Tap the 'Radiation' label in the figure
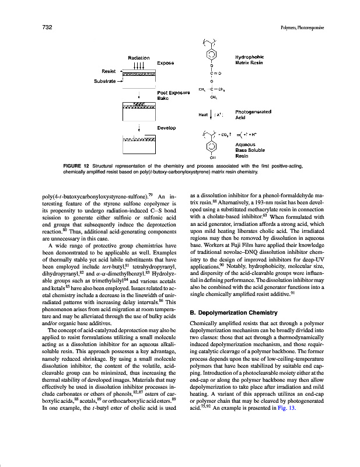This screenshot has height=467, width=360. (x=139, y=57)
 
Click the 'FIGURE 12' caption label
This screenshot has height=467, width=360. (x=78, y=166)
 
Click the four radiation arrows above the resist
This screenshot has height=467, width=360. (x=139, y=65)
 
